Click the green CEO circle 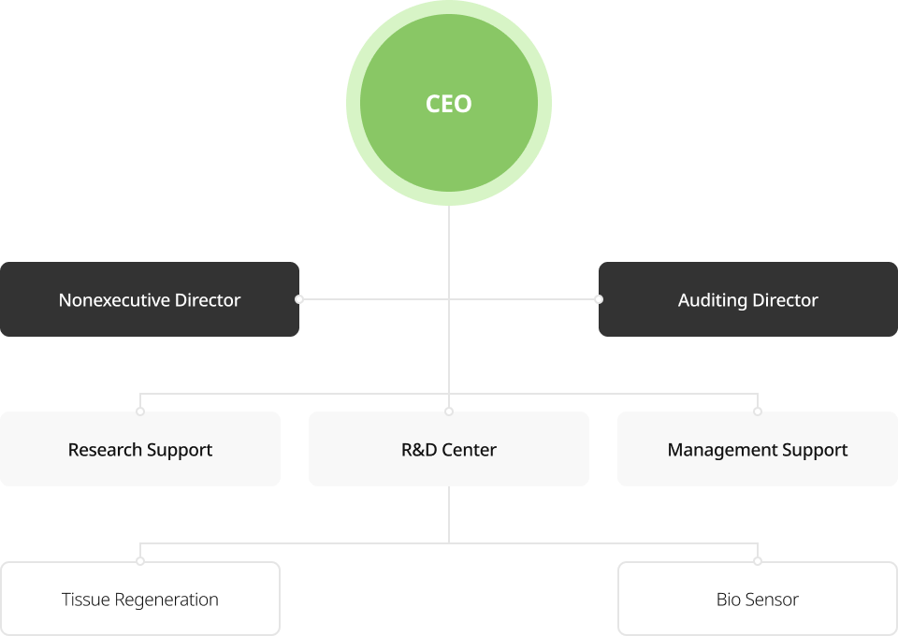449,103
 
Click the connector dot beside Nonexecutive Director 299,299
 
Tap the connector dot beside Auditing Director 599,299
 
